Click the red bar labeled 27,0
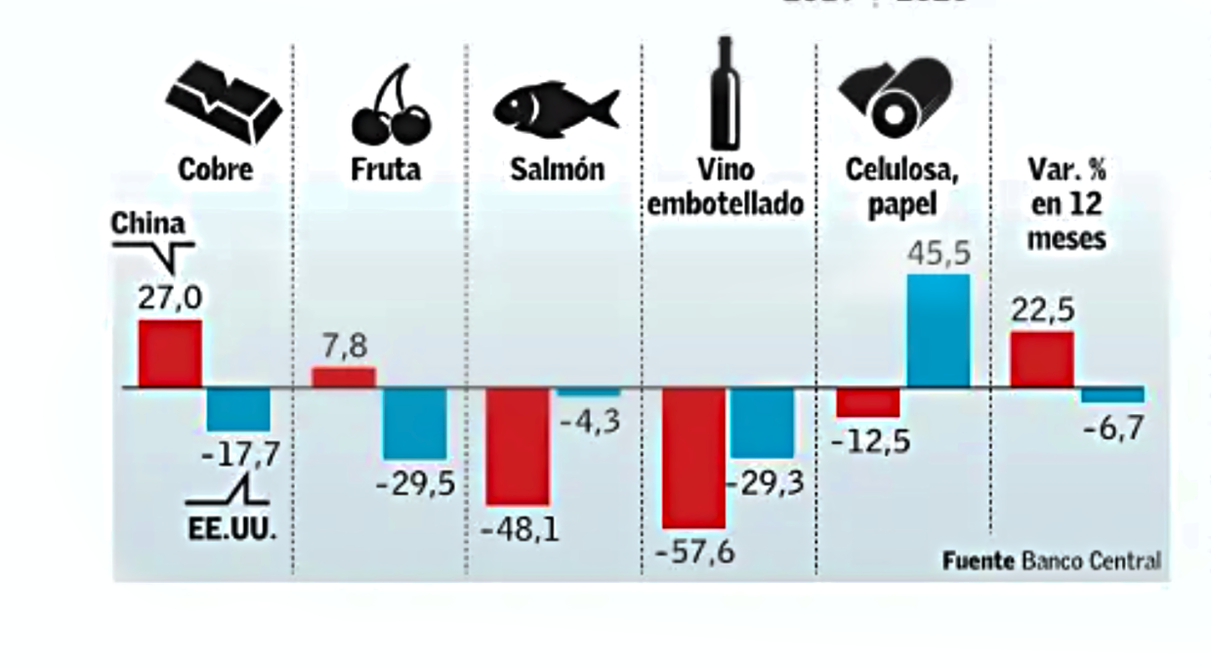pyautogui.click(x=170, y=354)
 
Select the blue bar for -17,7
pyautogui.click(x=238, y=409)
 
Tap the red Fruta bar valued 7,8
pyautogui.click(x=343, y=377)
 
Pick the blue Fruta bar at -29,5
pyautogui.click(x=414, y=423)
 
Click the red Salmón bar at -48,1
pyautogui.click(x=518, y=445)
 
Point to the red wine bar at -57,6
pyautogui.click(x=693, y=457)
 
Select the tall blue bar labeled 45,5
pyautogui.click(x=939, y=330)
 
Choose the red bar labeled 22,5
pyautogui.click(x=1041, y=359)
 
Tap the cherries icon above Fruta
pyautogui.click(x=390, y=106)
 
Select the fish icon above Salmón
pyautogui.click(x=556, y=106)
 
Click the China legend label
pyautogui.click(x=146, y=224)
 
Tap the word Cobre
pyautogui.click(x=216, y=169)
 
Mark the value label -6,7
pyautogui.click(x=1111, y=427)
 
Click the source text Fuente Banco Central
pyautogui.click(x=1052, y=561)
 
